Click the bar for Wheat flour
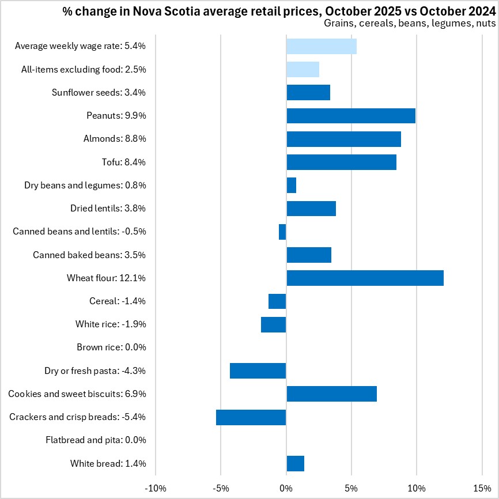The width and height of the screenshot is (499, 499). [x=365, y=278]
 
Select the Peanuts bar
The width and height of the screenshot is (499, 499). [x=351, y=116]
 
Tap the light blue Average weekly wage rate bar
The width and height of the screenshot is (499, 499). [x=322, y=46]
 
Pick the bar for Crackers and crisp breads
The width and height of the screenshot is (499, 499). [x=251, y=417]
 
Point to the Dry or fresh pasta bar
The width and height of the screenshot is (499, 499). [x=258, y=371]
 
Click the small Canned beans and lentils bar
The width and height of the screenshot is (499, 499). [x=282, y=232]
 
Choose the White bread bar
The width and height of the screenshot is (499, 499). [x=295, y=463]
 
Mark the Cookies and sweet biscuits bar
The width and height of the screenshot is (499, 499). [x=331, y=394]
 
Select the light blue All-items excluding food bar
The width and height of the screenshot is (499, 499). [x=303, y=69]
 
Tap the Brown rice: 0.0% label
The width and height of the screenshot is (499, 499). [x=111, y=347]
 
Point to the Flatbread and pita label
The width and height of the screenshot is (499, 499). [x=96, y=440]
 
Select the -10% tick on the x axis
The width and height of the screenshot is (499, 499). [x=156, y=489]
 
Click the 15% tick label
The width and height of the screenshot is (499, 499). [x=482, y=489]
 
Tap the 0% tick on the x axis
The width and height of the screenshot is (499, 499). [x=286, y=489]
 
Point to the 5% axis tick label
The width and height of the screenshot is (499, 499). [x=351, y=489]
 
